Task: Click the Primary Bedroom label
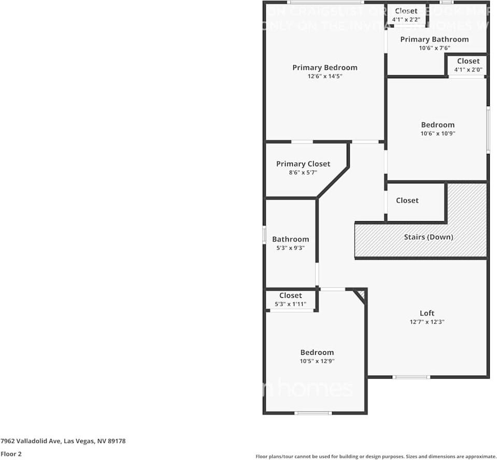pyautogui.click(x=324, y=67)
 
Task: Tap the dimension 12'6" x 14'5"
pyautogui.click(x=324, y=76)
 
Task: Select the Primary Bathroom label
pyautogui.click(x=434, y=39)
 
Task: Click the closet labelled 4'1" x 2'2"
pyautogui.click(x=406, y=11)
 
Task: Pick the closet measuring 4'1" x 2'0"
pyautogui.click(x=468, y=61)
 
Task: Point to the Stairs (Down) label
pyautogui.click(x=428, y=237)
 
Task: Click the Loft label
pyautogui.click(x=427, y=313)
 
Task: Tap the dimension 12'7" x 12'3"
pyautogui.click(x=427, y=322)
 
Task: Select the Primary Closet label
pyautogui.click(x=303, y=164)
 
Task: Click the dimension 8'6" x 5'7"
pyautogui.click(x=303, y=172)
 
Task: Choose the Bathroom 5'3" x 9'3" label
pyautogui.click(x=290, y=239)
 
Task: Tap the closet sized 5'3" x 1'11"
pyautogui.click(x=290, y=296)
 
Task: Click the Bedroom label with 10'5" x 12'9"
pyautogui.click(x=317, y=352)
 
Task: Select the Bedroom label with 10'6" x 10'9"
pyautogui.click(x=437, y=125)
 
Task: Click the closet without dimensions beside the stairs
pyautogui.click(x=407, y=200)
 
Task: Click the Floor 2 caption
pyautogui.click(x=11, y=454)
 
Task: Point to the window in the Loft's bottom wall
pyautogui.click(x=411, y=377)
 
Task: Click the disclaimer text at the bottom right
pyautogui.click(x=376, y=456)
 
